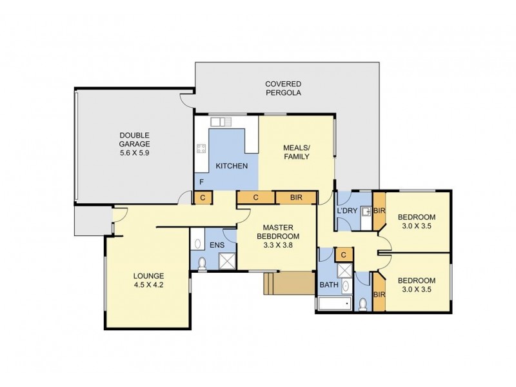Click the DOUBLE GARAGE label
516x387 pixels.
pos(134,139)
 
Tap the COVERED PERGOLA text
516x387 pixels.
pos(283,88)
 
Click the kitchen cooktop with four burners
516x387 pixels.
pos(201,150)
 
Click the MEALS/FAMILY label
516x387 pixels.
pos(297,152)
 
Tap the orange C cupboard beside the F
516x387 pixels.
pos(203,197)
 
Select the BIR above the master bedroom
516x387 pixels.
pos(297,197)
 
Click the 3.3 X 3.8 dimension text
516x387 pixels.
pos(278,245)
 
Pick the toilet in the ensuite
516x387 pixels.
pos(203,263)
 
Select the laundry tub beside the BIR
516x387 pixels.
pos(366,211)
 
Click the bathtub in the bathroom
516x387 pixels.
pos(333,304)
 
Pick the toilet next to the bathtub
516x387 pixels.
pos(363,303)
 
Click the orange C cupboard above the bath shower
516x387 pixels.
pos(344,255)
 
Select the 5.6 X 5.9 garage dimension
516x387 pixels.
pos(134,154)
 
